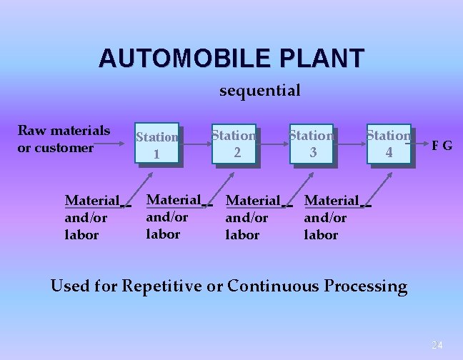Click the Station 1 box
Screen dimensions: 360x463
156,145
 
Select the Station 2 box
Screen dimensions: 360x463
234,144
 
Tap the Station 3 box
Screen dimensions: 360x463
312,144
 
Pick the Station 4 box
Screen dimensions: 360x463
389,144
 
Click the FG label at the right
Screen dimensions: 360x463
441,146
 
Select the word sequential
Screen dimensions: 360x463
259,91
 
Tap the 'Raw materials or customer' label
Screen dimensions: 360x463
64,139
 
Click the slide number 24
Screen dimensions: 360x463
437,345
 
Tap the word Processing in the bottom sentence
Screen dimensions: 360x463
366,286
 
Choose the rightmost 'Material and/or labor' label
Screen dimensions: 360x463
332,217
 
